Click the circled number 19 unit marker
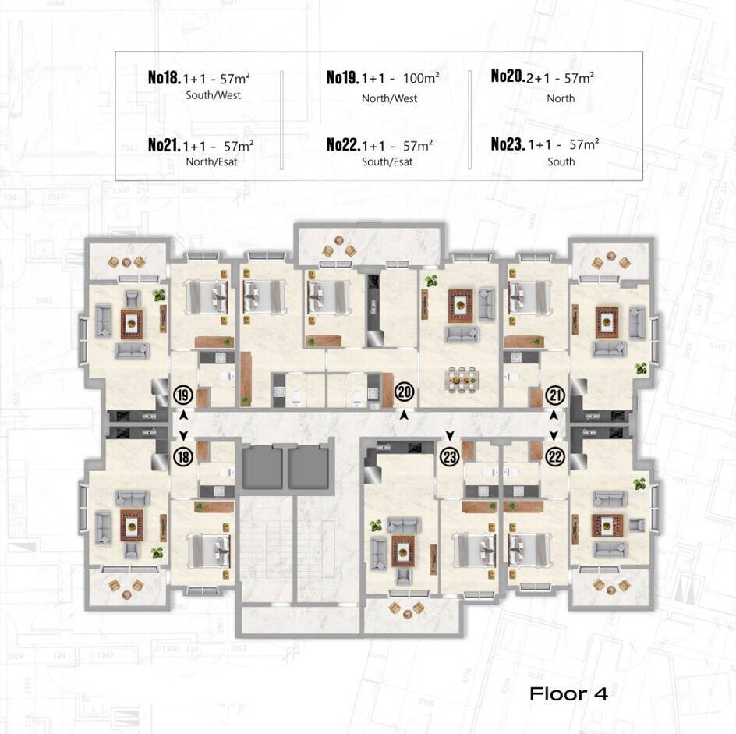[183, 395]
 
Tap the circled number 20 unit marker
[404, 392]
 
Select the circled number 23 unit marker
[450, 456]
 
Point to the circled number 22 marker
[555, 456]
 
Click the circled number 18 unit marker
[183, 456]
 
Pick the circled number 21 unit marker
[555, 395]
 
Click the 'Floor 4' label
[568, 694]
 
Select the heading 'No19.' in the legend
[342, 77]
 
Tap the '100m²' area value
[421, 77]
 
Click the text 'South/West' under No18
[213, 95]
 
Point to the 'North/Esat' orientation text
[212, 162]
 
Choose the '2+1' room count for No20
[538, 78]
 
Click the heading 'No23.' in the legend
[508, 144]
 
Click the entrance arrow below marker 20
[404, 415]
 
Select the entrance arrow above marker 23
[450, 436]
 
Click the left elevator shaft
[262, 468]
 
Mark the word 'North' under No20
[561, 98]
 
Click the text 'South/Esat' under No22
[387, 162]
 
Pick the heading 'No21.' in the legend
[165, 144]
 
